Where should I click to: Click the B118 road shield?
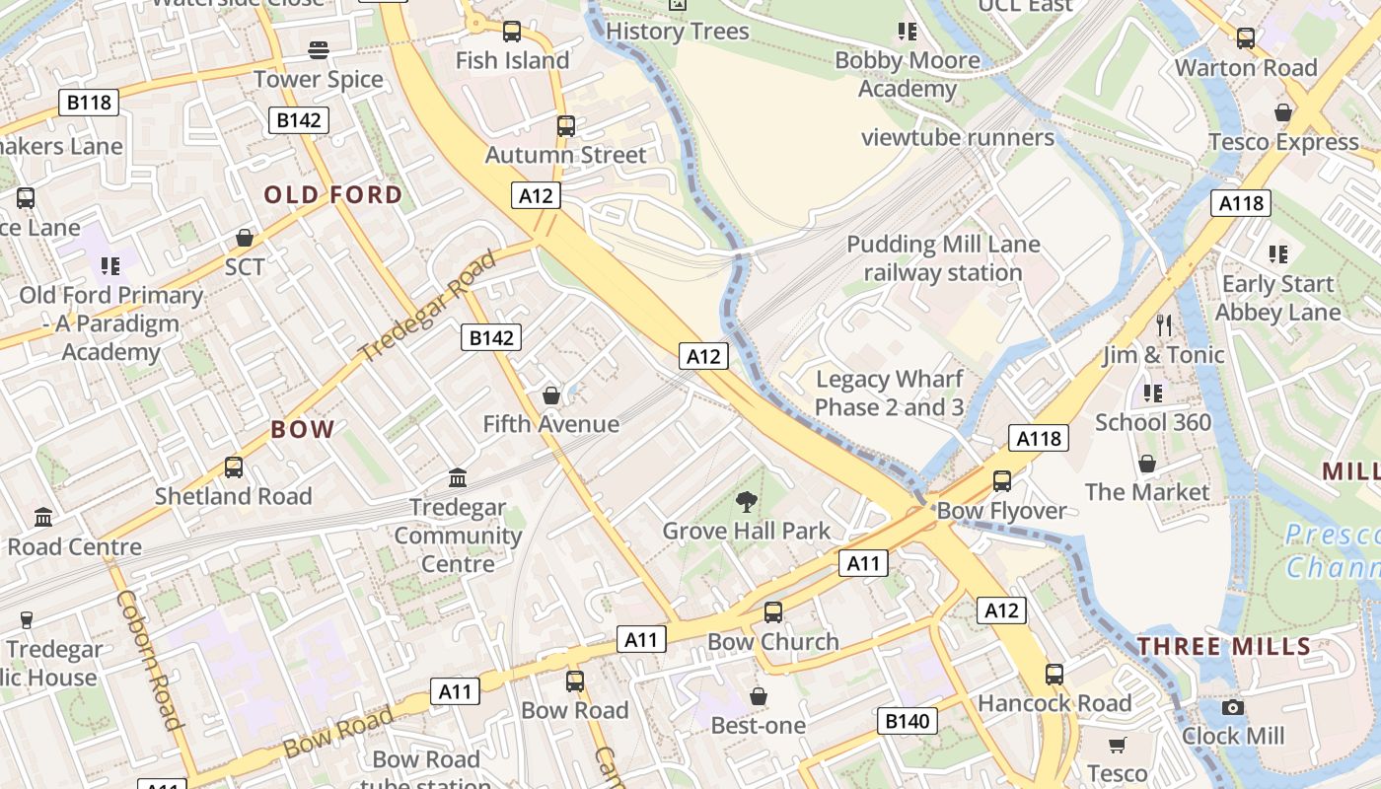pyautogui.click(x=89, y=103)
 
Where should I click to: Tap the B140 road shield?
pyautogui.click(x=907, y=721)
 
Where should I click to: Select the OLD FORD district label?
pyautogui.click(x=333, y=194)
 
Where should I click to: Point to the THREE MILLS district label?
pyautogui.click(x=1223, y=647)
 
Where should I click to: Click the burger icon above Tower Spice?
pyautogui.click(x=319, y=49)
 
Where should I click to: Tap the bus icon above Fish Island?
pyautogui.click(x=512, y=32)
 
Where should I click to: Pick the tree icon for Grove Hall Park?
pyautogui.click(x=747, y=502)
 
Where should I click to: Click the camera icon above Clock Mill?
pyautogui.click(x=1232, y=707)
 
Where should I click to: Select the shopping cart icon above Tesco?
pyautogui.click(x=1117, y=745)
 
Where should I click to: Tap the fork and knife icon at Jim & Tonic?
pyautogui.click(x=1164, y=325)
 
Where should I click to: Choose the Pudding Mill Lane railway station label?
pyautogui.click(x=943, y=258)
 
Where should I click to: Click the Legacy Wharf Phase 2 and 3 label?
pyautogui.click(x=889, y=394)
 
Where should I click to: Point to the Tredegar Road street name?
pyautogui.click(x=427, y=306)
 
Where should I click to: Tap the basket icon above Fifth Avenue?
pyautogui.click(x=551, y=395)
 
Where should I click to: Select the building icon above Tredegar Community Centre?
pyautogui.click(x=458, y=478)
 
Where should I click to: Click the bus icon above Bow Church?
pyautogui.click(x=773, y=612)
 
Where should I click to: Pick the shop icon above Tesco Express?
pyautogui.click(x=1283, y=112)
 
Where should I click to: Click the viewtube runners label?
pyautogui.click(x=958, y=137)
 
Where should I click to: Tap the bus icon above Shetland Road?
pyautogui.click(x=234, y=467)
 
